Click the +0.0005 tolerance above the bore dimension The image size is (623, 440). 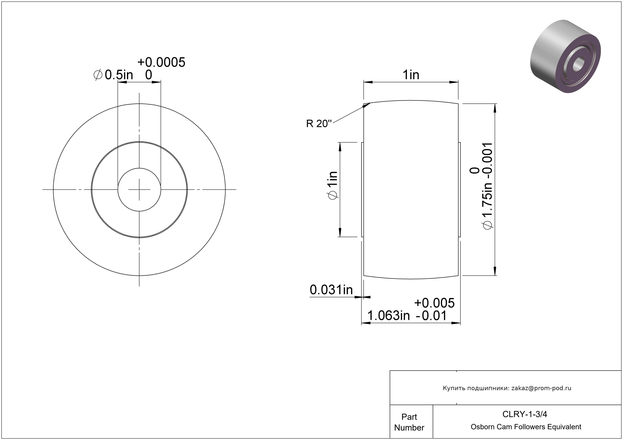click(x=161, y=62)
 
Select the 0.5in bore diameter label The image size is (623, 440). click(x=119, y=75)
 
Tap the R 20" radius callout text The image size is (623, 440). click(x=319, y=124)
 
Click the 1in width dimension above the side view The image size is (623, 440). click(x=411, y=75)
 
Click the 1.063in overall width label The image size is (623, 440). click(x=388, y=316)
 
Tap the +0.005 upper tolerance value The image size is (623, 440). click(x=434, y=303)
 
